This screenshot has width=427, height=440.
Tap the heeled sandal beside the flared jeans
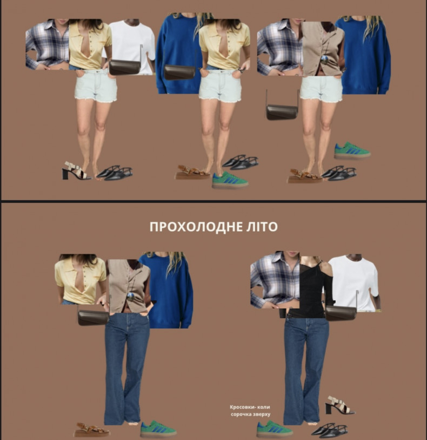339,405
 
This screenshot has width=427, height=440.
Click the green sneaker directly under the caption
274,428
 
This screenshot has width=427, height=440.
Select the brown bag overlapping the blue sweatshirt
179,71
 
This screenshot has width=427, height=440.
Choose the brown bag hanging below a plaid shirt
282,111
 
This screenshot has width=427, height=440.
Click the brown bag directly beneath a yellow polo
93,317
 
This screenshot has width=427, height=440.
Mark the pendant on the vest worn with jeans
131,295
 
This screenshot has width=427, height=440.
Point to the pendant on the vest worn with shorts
324,59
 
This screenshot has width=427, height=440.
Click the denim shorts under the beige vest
321,88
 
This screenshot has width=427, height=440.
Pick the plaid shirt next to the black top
275,280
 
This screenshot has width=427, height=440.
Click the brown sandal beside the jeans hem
91,430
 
